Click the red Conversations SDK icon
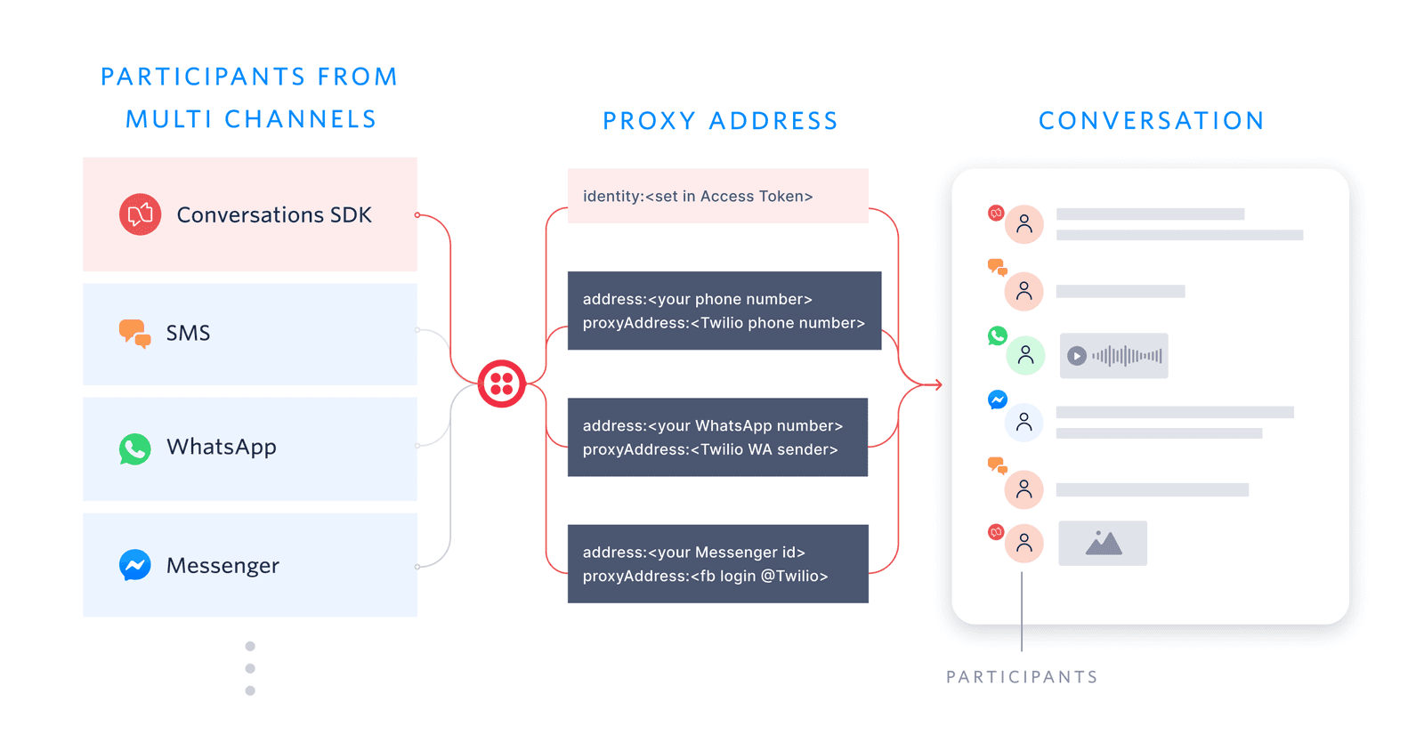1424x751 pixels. (x=140, y=214)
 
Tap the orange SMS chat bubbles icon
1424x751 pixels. (x=134, y=333)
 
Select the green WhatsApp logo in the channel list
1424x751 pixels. (x=134, y=448)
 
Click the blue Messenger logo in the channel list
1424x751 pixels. (x=134, y=565)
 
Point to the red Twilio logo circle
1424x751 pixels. (x=501, y=384)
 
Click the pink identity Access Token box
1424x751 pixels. (x=717, y=196)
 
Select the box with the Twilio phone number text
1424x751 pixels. (x=724, y=311)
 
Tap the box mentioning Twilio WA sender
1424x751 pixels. (x=717, y=437)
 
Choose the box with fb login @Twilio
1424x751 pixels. (x=717, y=563)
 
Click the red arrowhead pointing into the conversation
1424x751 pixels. (x=937, y=384)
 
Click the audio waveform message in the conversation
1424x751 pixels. (x=1113, y=356)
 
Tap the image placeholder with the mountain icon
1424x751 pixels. (x=1102, y=543)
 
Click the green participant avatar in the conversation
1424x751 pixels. (x=1025, y=356)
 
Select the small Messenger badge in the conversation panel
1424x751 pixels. (x=998, y=400)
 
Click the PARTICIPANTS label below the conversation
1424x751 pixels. (x=1022, y=677)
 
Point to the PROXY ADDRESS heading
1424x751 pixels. (x=720, y=121)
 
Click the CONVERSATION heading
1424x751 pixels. (x=1151, y=121)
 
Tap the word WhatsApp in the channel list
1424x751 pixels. (x=222, y=447)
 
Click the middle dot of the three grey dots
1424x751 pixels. (x=250, y=668)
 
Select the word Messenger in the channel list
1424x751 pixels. (x=222, y=566)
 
